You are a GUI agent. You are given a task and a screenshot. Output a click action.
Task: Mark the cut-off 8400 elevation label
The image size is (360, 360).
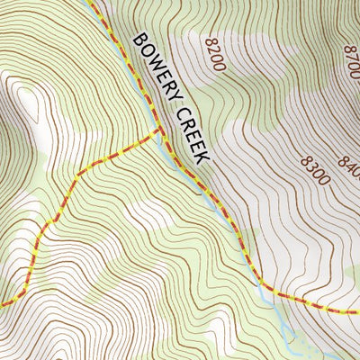pyautogui.click(x=348, y=166)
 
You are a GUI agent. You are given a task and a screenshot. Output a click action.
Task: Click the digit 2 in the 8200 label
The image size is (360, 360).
pyautogui.click(x=214, y=51)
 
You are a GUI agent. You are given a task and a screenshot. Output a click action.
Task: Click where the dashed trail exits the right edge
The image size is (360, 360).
pyautogui.click(x=357, y=310)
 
